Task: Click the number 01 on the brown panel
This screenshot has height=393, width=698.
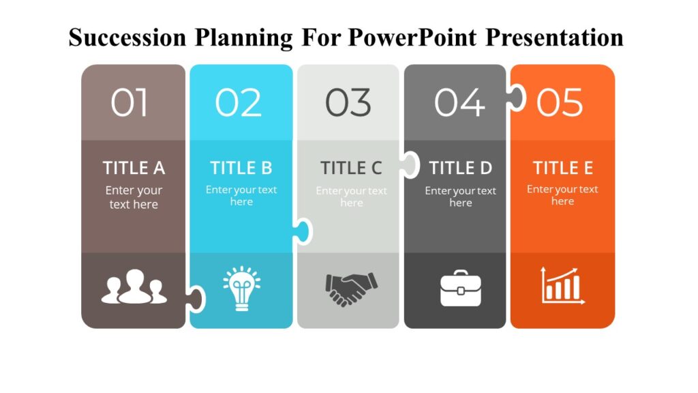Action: point(130,103)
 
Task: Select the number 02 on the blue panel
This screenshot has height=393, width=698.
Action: point(239,103)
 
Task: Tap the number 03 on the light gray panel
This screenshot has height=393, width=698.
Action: point(348,103)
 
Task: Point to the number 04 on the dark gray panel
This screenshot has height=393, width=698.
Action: point(459,103)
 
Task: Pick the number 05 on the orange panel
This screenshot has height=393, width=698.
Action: point(560,103)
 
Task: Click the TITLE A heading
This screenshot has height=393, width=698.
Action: point(134,168)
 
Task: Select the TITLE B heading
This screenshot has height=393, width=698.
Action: point(241,168)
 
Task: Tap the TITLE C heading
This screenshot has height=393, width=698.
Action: point(351,168)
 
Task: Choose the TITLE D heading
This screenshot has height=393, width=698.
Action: point(460,168)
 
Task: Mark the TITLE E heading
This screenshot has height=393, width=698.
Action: point(562,168)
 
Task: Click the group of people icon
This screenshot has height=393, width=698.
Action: point(134,287)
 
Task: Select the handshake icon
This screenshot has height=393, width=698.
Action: point(351,289)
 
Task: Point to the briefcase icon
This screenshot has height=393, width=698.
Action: point(460,289)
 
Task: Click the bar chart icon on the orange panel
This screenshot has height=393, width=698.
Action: point(562,286)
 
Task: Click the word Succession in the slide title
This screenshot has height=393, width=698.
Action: point(126,37)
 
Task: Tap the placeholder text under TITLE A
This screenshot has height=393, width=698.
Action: point(134,197)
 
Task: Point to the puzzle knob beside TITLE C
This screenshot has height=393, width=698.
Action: point(410,164)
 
